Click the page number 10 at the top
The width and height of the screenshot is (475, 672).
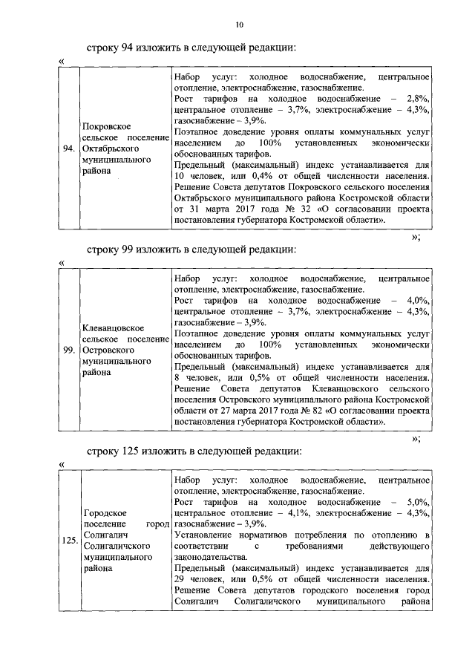239,25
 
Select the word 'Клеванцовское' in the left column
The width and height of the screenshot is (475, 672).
114,327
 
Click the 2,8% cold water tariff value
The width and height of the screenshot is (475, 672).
418,99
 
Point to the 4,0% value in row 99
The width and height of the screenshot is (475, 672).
418,300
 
